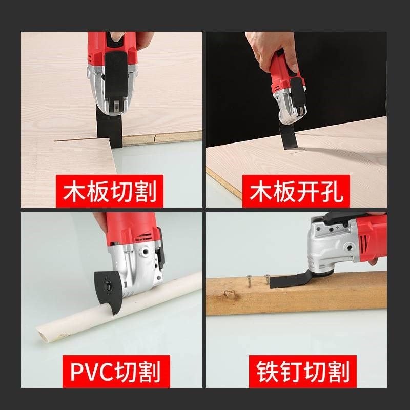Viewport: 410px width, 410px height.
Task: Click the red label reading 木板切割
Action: [x=110, y=191]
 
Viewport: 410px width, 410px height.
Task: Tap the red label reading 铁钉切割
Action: [x=300, y=372]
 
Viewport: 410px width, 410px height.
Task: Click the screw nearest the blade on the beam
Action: [x=266, y=279]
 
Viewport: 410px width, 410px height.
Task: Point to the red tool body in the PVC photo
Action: [x=133, y=228]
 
